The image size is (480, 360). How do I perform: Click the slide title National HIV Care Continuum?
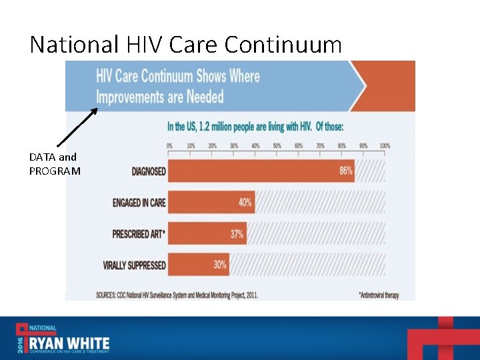pos(185,45)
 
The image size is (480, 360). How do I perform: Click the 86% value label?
pos(346,171)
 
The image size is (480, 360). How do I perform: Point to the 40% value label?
pos(245,202)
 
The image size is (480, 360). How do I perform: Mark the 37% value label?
pos(237,233)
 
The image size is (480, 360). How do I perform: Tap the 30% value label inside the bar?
pos(220,265)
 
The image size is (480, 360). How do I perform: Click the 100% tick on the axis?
pos(385,145)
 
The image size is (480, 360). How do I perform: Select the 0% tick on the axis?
pos(169,145)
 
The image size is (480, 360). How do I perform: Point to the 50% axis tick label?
pos(277,145)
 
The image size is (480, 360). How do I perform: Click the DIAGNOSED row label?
pos(149,171)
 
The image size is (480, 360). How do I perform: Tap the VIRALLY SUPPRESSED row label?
pos(134,265)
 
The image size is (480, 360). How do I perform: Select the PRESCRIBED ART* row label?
pos(139,234)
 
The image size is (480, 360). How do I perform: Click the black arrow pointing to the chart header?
pos(77,127)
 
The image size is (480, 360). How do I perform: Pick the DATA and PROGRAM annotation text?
pos(55,164)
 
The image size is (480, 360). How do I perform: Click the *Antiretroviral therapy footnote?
pos(378,295)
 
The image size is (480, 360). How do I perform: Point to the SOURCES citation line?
pos(176,294)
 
